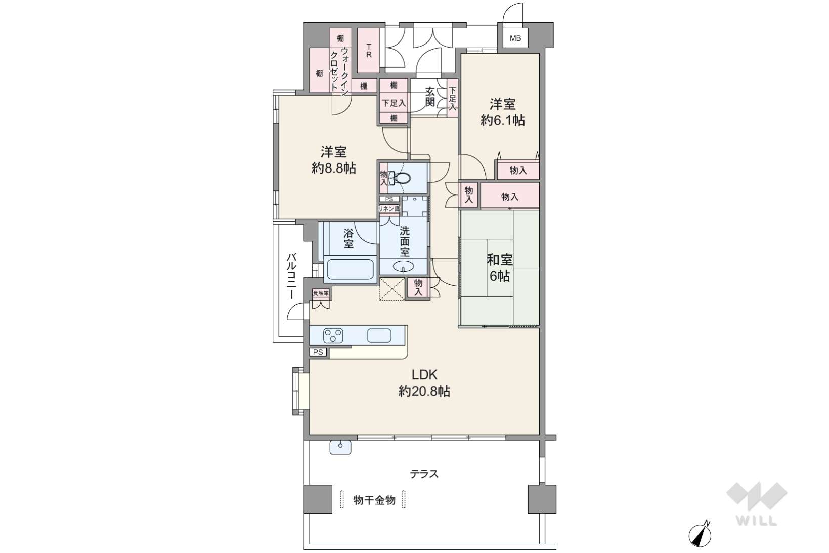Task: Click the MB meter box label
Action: point(515,38)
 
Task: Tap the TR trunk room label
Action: point(369,51)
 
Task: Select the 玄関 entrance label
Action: point(429,97)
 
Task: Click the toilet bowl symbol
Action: point(401,179)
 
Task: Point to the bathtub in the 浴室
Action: point(350,269)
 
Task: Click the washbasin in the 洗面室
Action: point(404,266)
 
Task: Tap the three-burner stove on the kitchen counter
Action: point(333,336)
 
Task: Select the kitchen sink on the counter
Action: point(379,335)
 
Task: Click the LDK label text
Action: point(424,375)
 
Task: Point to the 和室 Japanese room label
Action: point(500,260)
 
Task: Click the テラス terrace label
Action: point(424,474)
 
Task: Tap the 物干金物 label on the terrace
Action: point(374,500)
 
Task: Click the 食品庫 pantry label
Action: point(321,293)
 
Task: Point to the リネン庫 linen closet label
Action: point(389,209)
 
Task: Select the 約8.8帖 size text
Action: point(334,168)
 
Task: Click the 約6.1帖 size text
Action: point(503,120)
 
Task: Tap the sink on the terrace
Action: point(340,447)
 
